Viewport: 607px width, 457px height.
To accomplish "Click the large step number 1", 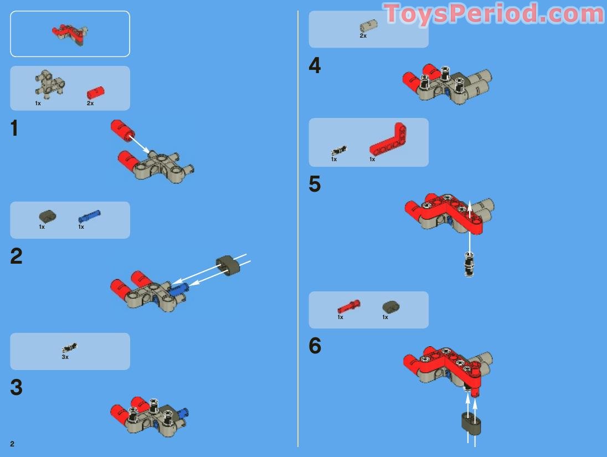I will pos(14,129).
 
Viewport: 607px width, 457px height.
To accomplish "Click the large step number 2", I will pos(16,256).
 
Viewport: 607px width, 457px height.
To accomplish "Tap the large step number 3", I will pos(16,388).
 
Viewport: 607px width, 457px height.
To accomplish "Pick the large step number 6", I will pos(315,346).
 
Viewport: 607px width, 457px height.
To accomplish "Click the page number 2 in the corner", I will pos(12,444).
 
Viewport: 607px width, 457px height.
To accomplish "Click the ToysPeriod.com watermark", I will pos(493,13).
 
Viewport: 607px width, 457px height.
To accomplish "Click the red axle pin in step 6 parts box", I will pos(348,305).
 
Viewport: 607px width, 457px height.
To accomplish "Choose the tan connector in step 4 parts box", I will pos(368,25).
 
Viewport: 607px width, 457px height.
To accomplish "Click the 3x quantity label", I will pos(65,357).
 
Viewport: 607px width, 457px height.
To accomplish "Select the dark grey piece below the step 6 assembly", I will pos(471,424).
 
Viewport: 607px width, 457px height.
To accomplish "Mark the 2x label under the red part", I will pos(90,104).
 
